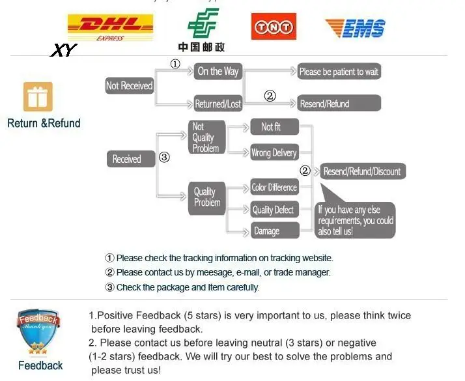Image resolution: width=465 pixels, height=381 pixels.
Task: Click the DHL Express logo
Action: click(x=110, y=27)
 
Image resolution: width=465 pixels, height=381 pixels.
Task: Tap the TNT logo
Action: click(x=274, y=27)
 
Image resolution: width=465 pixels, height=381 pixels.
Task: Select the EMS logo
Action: click(x=355, y=28)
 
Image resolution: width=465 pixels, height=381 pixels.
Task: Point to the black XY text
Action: click(x=63, y=49)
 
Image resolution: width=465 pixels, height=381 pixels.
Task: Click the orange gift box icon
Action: click(x=38, y=98)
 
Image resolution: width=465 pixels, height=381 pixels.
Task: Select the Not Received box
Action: click(x=129, y=86)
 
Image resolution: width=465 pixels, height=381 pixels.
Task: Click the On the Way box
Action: click(x=218, y=71)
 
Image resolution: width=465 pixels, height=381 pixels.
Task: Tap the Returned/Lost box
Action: click(x=218, y=104)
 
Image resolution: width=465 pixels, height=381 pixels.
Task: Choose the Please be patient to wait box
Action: click(x=339, y=72)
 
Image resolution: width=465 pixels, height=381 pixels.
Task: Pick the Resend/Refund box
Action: click(x=339, y=104)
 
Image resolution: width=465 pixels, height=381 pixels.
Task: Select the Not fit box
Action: click(x=274, y=127)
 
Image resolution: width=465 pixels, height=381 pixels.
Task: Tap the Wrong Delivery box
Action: click(x=274, y=153)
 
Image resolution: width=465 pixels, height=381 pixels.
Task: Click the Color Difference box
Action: click(x=274, y=188)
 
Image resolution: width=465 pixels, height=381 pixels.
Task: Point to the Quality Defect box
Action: click(x=274, y=210)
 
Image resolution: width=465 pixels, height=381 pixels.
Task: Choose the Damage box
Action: click(x=274, y=231)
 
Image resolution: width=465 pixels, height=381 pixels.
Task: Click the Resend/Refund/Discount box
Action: click(x=363, y=171)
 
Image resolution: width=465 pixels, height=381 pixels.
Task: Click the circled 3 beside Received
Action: click(x=164, y=157)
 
